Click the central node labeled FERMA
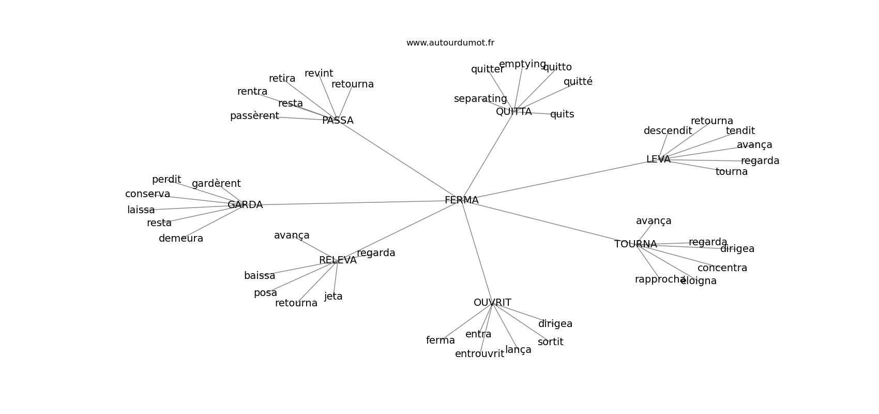[461, 200]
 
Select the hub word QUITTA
[513, 112]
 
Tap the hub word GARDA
[245, 205]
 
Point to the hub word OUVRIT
[492, 303]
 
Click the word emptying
[522, 64]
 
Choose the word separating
[480, 99]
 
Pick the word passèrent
[254, 116]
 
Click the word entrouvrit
[479, 354]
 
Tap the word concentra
[722, 268]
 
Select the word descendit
[668, 131]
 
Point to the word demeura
[181, 239]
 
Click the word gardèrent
[216, 184]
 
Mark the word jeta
[334, 297]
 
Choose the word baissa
[260, 276]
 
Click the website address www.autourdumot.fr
[450, 43]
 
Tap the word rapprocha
[660, 279]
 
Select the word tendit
[740, 131]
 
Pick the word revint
[319, 73]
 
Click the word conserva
[147, 194]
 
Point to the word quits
[562, 114]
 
